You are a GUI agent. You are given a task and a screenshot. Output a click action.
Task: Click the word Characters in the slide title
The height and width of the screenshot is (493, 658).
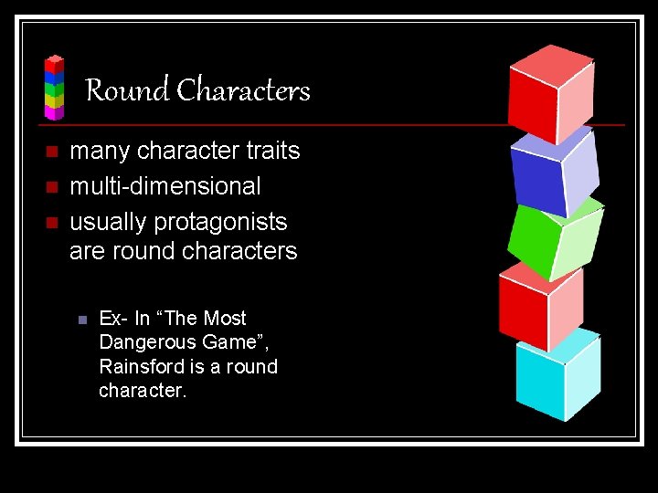tap(243, 90)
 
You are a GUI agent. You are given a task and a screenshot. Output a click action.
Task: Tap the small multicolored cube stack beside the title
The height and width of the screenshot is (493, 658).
tap(55, 88)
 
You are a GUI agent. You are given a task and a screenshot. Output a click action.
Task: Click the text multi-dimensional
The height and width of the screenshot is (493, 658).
tap(165, 186)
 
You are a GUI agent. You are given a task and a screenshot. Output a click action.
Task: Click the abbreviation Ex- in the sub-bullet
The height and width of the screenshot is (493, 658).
tap(112, 319)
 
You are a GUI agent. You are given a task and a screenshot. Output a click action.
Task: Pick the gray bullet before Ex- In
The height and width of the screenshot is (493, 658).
tap(81, 320)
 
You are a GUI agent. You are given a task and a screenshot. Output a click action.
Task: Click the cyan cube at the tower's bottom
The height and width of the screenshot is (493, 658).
tap(556, 376)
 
